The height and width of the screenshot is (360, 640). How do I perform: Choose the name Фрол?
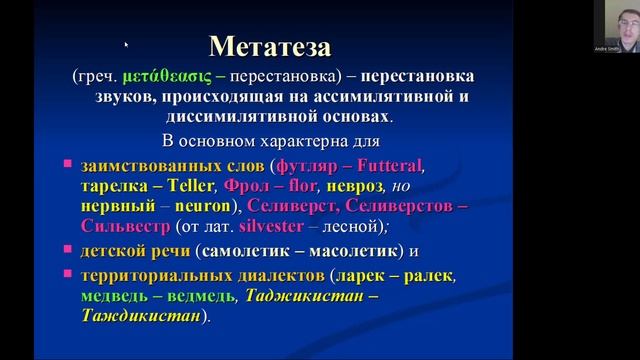tap(249, 186)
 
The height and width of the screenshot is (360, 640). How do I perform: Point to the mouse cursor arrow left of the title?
tap(126, 45)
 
